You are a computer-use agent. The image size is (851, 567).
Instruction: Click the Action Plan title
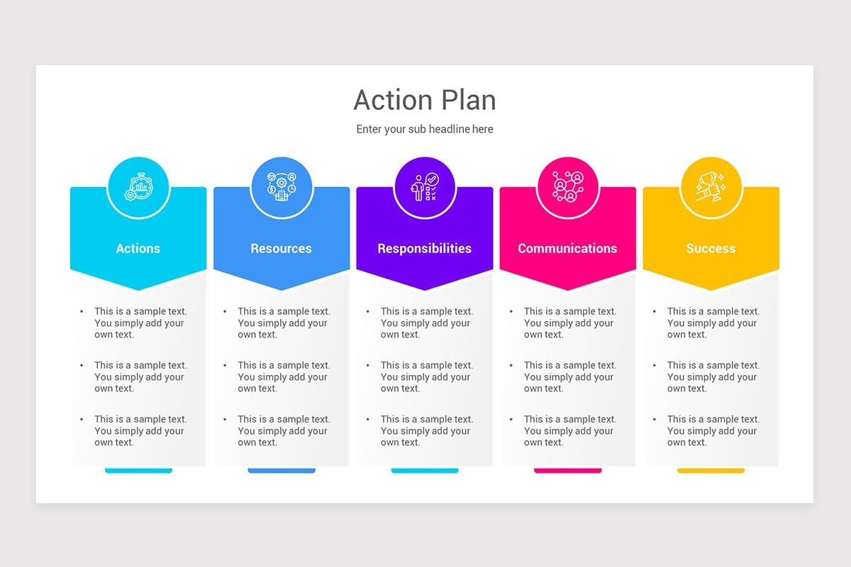click(425, 100)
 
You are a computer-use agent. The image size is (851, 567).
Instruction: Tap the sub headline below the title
click(425, 129)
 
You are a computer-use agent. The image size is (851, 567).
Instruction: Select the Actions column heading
click(138, 249)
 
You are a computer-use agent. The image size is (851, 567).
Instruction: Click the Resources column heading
click(281, 249)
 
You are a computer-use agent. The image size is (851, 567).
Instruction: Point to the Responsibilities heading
click(424, 249)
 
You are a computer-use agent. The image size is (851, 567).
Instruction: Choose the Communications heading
click(567, 249)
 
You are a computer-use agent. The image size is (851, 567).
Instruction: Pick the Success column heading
click(711, 249)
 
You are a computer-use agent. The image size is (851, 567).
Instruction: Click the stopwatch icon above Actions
click(138, 188)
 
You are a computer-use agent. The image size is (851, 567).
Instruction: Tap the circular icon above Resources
click(282, 188)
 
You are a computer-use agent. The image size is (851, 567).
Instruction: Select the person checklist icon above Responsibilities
click(425, 188)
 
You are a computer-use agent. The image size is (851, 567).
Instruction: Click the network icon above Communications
click(567, 188)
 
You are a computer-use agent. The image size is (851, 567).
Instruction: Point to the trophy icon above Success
click(711, 188)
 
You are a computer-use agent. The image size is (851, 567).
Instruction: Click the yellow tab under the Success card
click(711, 470)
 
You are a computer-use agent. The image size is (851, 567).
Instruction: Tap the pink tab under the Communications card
click(567, 470)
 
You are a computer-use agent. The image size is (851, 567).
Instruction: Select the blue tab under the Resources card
click(282, 470)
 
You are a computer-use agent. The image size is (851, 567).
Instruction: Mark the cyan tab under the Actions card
click(138, 470)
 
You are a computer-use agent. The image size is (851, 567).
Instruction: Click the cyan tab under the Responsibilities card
click(425, 470)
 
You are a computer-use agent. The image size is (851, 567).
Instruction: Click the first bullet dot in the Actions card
click(82, 311)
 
